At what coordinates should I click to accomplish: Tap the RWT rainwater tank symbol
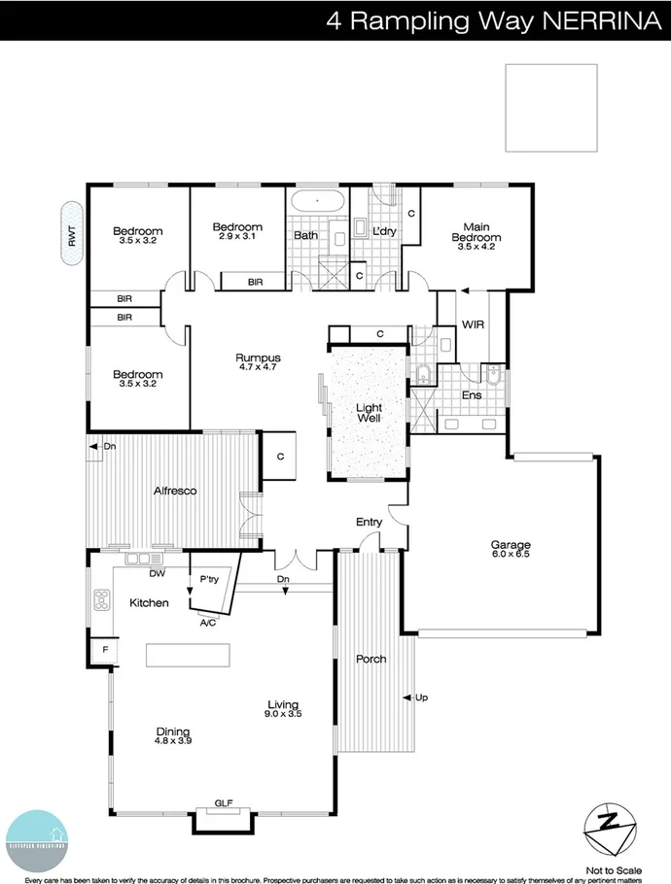[71, 234]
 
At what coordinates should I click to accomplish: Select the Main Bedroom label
[477, 233]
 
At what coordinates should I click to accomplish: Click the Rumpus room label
[258, 357]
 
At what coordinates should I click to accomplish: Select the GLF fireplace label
[224, 804]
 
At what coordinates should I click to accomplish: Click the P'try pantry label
[209, 579]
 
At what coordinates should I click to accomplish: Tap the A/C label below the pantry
[208, 624]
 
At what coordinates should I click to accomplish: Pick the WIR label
[473, 323]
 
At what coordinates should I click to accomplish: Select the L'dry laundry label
[382, 232]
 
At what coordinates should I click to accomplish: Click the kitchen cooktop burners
[100, 601]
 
